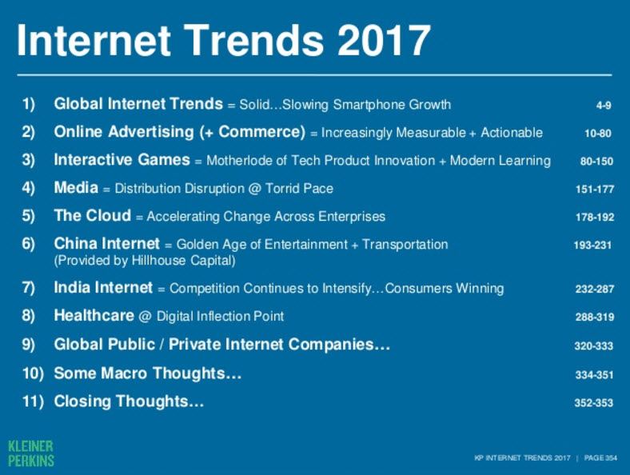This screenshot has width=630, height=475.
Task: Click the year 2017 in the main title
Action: [x=385, y=40]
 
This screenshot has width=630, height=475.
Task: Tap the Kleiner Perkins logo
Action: [x=31, y=453]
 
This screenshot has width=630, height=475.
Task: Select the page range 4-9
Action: [x=604, y=106]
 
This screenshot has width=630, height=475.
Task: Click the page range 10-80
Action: [x=598, y=133]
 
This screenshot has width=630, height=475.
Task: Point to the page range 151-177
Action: [x=595, y=189]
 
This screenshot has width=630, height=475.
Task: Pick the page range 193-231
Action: [x=592, y=245]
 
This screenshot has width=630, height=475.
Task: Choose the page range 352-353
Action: [x=594, y=402]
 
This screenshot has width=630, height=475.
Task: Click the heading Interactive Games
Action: [x=122, y=160]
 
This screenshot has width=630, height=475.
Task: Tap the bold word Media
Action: [x=76, y=188]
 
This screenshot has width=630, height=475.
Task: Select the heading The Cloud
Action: [x=93, y=215]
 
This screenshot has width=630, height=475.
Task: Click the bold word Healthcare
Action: [x=94, y=315]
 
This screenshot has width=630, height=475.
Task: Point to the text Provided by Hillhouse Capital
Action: [x=145, y=261]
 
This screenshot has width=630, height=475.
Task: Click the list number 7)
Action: [x=28, y=288]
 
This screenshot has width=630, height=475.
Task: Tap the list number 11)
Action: [x=33, y=401]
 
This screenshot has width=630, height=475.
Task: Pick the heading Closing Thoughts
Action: [x=129, y=401]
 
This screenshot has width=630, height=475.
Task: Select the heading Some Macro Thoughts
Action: [x=148, y=373]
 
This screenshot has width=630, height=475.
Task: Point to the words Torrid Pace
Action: [x=299, y=189]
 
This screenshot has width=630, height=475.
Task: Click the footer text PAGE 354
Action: [x=600, y=457]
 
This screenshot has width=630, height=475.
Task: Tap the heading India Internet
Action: [x=103, y=288]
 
